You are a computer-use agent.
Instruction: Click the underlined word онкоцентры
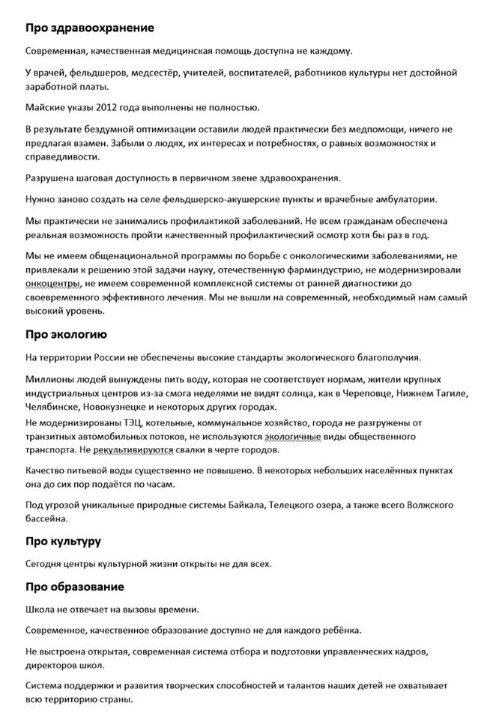point(52,283)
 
